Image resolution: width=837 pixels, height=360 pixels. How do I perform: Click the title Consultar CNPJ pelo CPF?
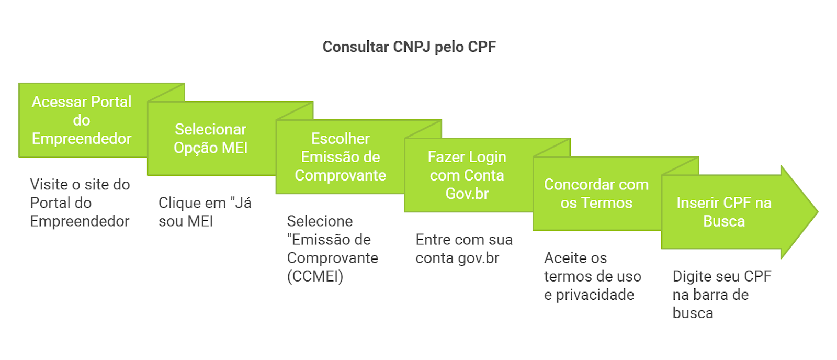point(409,47)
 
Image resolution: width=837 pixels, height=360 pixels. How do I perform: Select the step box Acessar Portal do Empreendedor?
point(82,120)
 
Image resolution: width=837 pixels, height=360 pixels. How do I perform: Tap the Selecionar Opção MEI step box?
point(210,139)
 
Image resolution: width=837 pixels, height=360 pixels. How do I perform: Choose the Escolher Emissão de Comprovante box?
point(340,157)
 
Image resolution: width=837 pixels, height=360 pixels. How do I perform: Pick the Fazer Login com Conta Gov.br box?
point(467,175)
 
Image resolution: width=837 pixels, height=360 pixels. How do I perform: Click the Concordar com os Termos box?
point(596,194)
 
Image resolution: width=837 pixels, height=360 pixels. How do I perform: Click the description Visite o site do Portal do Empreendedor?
point(80,203)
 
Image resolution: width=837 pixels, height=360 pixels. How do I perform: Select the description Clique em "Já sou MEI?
point(205,212)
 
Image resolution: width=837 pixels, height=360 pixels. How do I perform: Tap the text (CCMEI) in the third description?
point(315,276)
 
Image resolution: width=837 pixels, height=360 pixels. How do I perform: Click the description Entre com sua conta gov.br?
point(464,249)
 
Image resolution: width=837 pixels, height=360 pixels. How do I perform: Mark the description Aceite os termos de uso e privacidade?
point(592,276)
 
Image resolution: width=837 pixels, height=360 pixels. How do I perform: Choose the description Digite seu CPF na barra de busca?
point(721,295)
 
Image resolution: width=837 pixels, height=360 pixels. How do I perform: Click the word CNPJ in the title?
point(412,47)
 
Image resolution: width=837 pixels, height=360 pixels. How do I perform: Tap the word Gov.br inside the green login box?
point(467,194)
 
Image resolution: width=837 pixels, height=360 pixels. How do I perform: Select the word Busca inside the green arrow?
point(724,221)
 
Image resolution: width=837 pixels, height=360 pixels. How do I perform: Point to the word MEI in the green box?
point(234,148)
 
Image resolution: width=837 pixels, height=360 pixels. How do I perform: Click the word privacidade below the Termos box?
point(595,295)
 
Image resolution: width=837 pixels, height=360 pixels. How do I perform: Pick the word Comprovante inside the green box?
point(340,175)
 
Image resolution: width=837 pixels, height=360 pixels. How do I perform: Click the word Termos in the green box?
point(607,203)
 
